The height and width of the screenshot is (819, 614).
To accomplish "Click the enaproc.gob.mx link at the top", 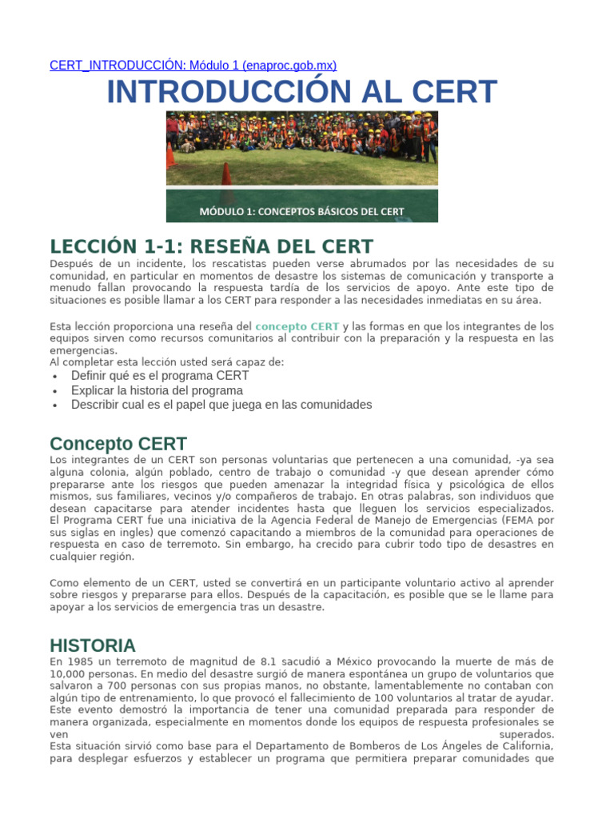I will tap(193, 65).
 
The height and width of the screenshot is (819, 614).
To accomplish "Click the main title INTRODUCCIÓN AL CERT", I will tap(302, 93).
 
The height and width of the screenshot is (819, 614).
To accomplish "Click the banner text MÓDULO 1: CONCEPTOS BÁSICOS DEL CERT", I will tap(301, 212).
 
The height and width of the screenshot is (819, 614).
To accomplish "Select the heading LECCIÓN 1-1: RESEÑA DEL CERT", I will tap(211, 246).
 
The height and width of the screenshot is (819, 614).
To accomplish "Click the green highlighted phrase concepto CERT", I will tap(297, 326).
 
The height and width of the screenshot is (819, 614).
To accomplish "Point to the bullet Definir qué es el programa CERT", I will tap(160, 375).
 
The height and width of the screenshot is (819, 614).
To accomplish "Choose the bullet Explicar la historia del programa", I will tap(157, 390).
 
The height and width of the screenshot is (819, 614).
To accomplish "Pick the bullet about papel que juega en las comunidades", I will tap(221, 405).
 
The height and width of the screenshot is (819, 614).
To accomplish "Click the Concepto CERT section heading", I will tap(118, 444).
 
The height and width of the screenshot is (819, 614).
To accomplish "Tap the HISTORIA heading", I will tap(93, 645).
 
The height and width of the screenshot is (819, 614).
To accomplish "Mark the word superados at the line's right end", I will tap(526, 733).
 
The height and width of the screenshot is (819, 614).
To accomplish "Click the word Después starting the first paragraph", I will tap(72, 264).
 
